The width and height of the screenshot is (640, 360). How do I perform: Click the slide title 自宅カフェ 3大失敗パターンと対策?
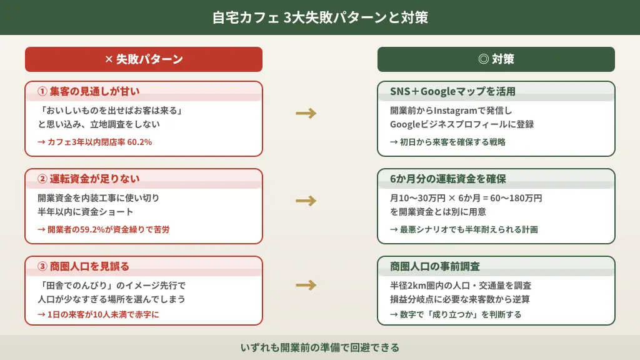click(320, 17)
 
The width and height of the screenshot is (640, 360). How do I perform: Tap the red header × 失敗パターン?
click(144, 59)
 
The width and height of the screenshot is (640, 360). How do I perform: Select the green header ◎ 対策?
click(496, 59)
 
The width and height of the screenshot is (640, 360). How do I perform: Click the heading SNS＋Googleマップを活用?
click(452, 91)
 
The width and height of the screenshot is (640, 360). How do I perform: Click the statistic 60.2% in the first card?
click(139, 142)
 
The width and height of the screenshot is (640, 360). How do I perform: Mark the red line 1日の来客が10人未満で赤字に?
click(98, 314)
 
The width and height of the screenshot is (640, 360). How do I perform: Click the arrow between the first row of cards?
click(306, 113)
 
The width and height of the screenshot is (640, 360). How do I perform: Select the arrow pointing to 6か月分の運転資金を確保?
click(306, 201)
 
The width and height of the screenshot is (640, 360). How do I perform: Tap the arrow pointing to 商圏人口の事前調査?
click(306, 286)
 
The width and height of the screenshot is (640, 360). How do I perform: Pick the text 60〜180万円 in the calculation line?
click(516, 198)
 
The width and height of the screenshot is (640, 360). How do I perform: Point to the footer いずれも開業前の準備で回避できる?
click(320, 347)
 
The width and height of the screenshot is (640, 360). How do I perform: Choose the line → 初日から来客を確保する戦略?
click(447, 142)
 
